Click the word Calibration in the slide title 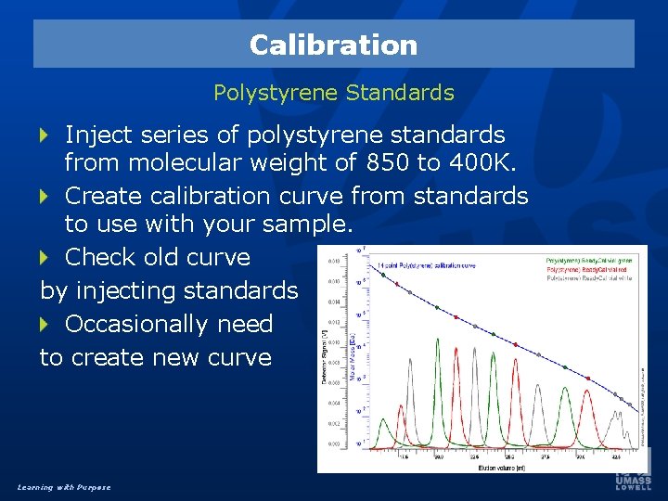[333, 45]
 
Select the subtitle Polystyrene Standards [334, 93]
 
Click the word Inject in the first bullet [99, 135]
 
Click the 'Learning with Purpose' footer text [63, 487]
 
